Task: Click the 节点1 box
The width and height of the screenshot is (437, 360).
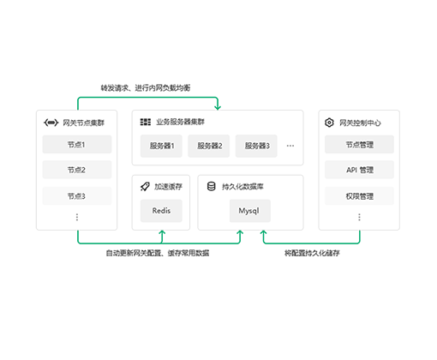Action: point(77,144)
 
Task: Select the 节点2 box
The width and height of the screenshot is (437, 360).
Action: point(77,170)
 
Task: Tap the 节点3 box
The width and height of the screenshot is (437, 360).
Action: point(77,195)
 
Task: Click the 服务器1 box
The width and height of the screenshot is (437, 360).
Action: point(161,146)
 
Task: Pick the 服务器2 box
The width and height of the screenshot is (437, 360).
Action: point(209,146)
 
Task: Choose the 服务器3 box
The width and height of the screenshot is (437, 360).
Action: point(256,146)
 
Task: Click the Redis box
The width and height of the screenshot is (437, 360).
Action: point(161,211)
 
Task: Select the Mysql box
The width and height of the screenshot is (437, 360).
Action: point(250,211)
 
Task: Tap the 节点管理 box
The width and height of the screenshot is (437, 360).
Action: point(359,144)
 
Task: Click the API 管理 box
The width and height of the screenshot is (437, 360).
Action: point(359,170)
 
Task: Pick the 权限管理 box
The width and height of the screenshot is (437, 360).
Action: point(359,195)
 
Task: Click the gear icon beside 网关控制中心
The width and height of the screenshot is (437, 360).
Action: point(329,123)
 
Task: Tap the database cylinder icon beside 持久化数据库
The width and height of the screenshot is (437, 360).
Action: point(212,186)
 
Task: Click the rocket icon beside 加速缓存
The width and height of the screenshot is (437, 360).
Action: point(145,186)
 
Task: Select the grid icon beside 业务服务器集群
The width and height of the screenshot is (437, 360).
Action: point(146,122)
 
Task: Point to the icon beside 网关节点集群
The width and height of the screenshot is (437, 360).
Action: point(51,123)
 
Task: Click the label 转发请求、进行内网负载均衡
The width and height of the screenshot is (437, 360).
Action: point(146,87)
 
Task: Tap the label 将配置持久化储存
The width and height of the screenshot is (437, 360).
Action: point(312,253)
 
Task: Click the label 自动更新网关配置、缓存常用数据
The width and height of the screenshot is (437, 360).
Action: point(158,253)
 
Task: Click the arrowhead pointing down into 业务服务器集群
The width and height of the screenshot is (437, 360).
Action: point(218,108)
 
